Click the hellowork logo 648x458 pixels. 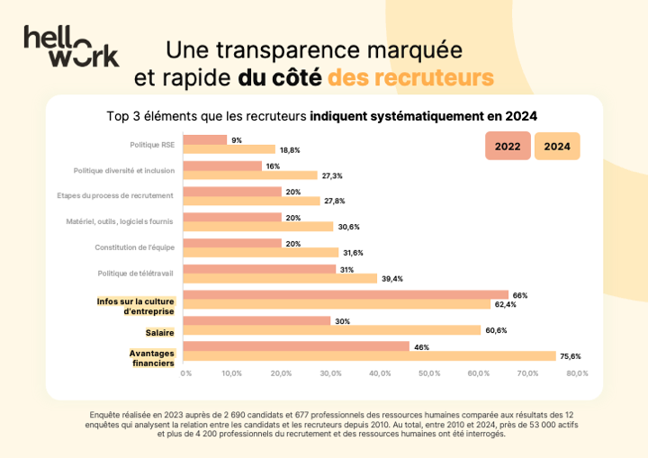[x=71, y=46]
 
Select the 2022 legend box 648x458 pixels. [x=508, y=146]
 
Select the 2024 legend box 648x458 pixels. [x=557, y=146]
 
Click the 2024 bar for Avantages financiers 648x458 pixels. [x=369, y=355]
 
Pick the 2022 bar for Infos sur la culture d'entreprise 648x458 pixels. [x=346, y=294]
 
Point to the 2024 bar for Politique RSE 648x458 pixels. [x=229, y=149]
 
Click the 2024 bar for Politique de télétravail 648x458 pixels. [x=280, y=279]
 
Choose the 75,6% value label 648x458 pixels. [x=570, y=356]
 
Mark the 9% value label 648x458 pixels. [x=237, y=140]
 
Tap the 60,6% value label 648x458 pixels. [x=496, y=330]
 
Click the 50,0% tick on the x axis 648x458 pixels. [x=428, y=373]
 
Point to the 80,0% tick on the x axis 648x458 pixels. [x=576, y=373]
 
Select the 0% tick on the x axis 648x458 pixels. [x=186, y=373]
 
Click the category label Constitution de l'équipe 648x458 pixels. [x=134, y=247]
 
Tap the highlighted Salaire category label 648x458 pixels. [x=159, y=333]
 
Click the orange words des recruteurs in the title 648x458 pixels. [x=410, y=77]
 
